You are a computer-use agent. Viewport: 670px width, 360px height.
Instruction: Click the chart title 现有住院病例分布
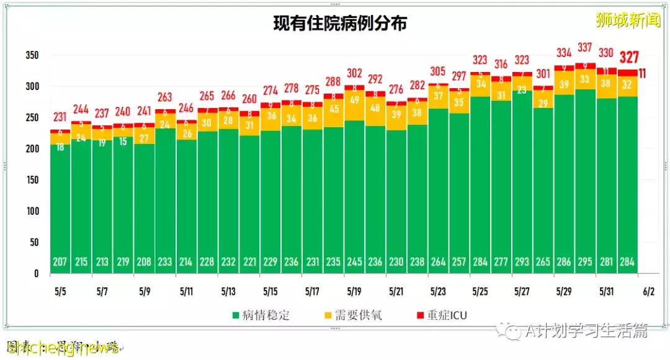click(x=341, y=24)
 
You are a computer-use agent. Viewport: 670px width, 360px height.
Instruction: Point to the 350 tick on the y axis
click(x=32, y=55)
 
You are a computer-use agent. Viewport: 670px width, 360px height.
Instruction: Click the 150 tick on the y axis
click(x=32, y=180)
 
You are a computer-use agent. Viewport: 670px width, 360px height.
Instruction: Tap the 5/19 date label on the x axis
click(x=354, y=291)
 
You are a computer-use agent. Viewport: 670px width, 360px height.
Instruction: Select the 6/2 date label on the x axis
click(x=648, y=291)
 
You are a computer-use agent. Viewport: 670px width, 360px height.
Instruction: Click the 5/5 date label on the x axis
click(x=60, y=291)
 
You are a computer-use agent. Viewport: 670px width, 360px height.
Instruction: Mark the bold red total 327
click(x=629, y=58)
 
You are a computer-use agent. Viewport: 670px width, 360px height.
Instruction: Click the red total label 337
click(x=584, y=47)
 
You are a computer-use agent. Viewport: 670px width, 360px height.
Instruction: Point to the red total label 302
click(x=354, y=73)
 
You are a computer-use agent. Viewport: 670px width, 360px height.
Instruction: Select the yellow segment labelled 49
click(x=354, y=100)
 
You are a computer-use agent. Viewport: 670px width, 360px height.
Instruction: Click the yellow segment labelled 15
click(x=123, y=141)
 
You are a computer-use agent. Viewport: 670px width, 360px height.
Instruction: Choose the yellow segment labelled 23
click(x=522, y=89)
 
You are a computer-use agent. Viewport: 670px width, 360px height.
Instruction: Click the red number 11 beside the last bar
click(x=643, y=73)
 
